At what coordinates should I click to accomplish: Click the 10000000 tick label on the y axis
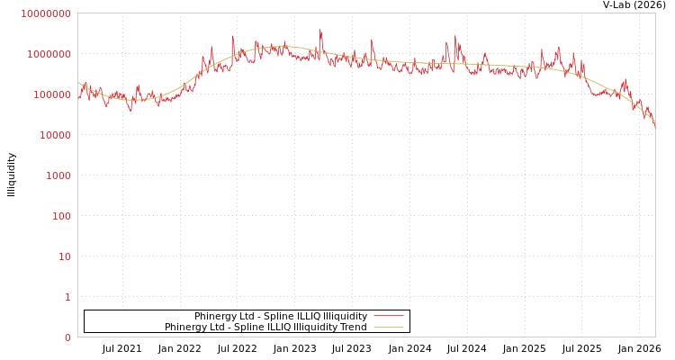tap(46, 13)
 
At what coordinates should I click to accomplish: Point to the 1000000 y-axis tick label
tap(49, 54)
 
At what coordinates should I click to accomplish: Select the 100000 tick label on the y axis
tap(51, 94)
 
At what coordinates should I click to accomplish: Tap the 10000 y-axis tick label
tap(54, 135)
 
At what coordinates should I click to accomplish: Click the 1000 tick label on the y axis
tap(58, 175)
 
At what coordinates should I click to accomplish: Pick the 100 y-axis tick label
tap(60, 216)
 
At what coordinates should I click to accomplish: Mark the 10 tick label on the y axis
tap(64, 256)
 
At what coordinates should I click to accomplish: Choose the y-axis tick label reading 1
tap(67, 297)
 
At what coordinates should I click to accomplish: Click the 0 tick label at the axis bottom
tap(67, 337)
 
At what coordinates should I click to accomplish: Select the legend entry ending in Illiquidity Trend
tap(265, 328)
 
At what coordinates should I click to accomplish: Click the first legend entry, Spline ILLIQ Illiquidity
tap(280, 317)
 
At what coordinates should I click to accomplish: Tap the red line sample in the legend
tap(388, 317)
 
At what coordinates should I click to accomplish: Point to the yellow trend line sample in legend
tap(388, 328)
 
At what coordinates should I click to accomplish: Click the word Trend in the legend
tap(353, 328)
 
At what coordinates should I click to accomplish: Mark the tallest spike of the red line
tap(320, 31)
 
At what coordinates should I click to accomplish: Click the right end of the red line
tap(654, 126)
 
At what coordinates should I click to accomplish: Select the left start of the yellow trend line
tap(78, 83)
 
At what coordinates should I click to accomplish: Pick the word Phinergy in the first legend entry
tap(213, 317)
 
